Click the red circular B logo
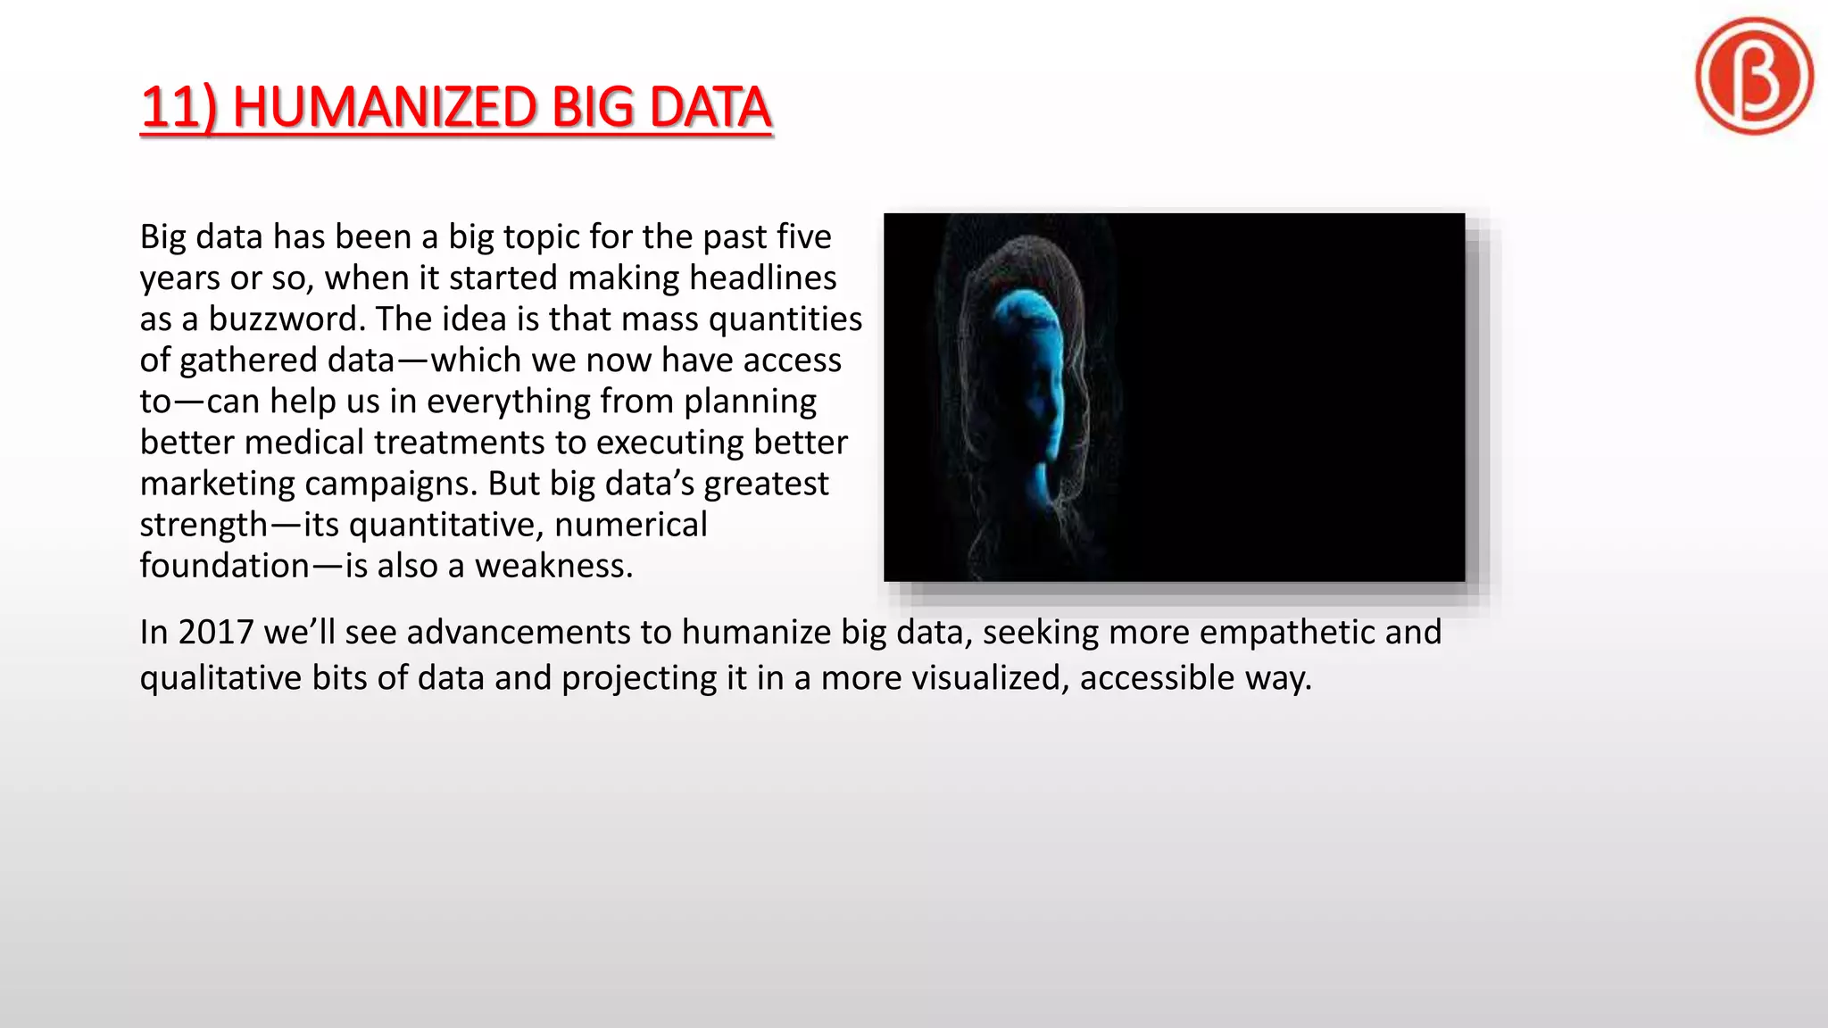click(1754, 76)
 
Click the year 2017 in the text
click(215, 632)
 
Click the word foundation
click(224, 566)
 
